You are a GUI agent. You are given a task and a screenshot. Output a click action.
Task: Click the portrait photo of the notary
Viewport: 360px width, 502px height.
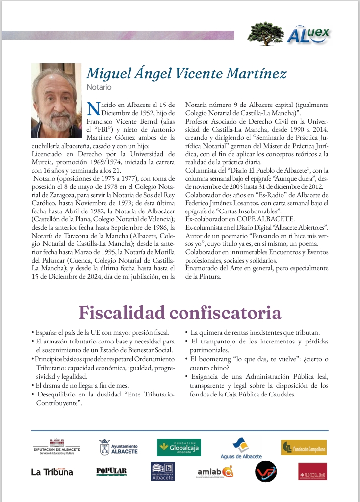click(56, 100)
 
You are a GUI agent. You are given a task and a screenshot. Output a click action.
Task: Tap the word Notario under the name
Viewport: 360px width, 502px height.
click(99, 87)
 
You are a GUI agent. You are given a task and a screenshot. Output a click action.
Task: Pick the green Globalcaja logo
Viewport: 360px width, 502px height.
click(179, 448)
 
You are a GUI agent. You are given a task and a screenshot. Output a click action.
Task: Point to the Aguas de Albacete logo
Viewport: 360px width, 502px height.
click(241, 448)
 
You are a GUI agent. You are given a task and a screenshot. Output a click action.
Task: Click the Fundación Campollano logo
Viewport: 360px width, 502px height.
click(303, 448)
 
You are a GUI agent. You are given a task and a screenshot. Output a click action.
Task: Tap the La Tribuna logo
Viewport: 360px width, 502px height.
click(52, 472)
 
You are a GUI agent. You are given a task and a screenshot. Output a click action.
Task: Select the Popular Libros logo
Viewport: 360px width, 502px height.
click(111, 472)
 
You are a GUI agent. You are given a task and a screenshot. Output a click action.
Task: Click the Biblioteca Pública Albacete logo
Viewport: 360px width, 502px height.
click(162, 472)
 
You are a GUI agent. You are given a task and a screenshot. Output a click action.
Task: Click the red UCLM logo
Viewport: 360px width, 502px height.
click(312, 472)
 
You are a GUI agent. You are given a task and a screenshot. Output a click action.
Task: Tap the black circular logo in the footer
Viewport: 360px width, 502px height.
click(266, 472)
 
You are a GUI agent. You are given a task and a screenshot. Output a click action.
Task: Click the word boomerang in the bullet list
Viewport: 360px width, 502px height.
click(213, 359)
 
